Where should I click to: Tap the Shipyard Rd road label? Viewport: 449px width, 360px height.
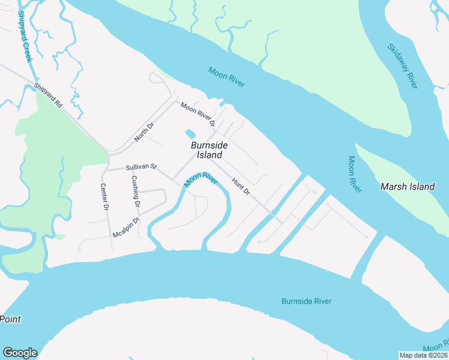48,95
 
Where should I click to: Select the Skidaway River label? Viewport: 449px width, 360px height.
402,66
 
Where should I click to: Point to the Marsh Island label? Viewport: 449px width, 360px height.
408,187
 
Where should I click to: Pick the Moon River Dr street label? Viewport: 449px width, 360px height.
197,115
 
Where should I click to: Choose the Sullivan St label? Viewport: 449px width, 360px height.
140,167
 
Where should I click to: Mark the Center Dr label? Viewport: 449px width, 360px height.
104,196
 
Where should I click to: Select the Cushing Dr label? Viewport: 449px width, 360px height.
136,191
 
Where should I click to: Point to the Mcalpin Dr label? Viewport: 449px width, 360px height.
126,227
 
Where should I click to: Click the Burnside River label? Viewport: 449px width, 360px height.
306,301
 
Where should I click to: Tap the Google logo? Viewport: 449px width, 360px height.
20,353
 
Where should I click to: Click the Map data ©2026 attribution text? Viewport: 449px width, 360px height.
423,355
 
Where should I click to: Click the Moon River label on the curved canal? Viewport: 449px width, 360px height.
200,179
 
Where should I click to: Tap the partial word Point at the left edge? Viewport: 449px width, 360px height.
10,319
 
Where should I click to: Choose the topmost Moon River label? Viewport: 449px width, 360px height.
226,77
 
